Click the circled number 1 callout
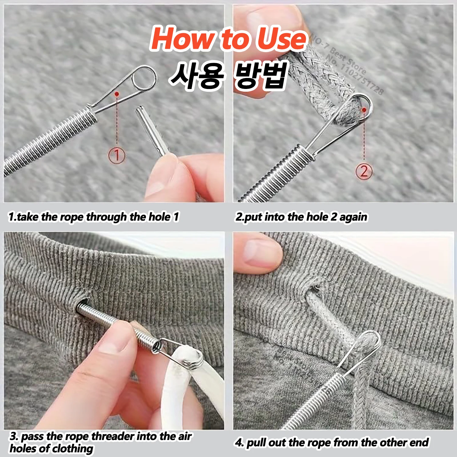coord(117,155)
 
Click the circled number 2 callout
coord(364,171)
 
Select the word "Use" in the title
coord(280,39)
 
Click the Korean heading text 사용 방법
coord(228,75)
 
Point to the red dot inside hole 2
coord(364,110)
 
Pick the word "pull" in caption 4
coord(256,442)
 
